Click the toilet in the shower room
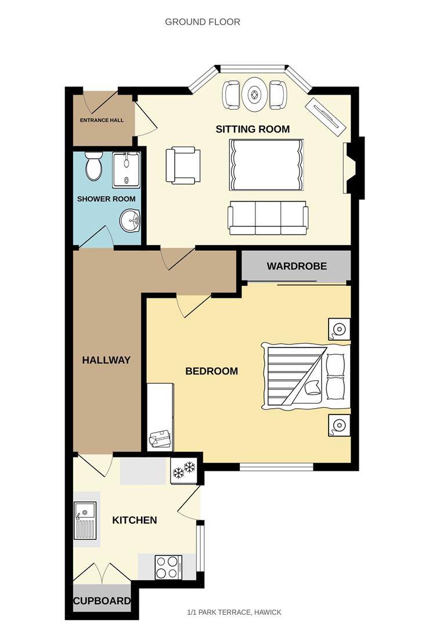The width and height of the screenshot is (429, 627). pos(93,166)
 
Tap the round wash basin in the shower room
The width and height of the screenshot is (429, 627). pos(131,221)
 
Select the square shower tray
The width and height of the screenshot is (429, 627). pos(126,170)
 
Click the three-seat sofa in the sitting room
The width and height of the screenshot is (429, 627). pos(268,218)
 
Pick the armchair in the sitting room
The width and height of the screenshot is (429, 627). pos(183,166)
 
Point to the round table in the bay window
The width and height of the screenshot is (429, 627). pos(255,94)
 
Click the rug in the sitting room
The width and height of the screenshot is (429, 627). pos(267,164)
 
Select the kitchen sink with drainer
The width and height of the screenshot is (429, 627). pos(84,520)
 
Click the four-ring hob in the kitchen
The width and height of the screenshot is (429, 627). pos(168,567)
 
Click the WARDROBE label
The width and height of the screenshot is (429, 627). pos(297,266)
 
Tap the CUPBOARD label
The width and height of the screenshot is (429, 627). pos(102,601)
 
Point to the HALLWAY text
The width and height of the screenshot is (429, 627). pos(106,360)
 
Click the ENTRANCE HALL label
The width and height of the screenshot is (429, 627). pos(102,120)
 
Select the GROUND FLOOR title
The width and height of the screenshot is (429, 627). pos(203,22)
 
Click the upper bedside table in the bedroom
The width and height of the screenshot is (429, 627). pos(338,329)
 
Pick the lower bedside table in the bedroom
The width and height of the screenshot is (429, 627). pos(338,426)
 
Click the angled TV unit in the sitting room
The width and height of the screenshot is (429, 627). pos(327,116)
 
